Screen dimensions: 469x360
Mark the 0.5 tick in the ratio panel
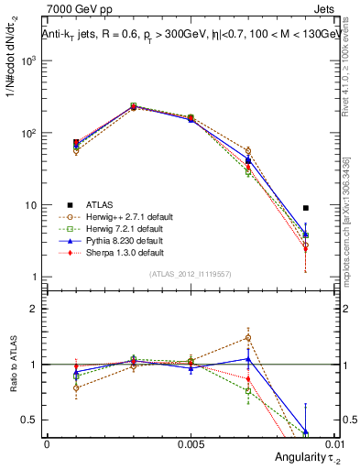click(x=28, y=420)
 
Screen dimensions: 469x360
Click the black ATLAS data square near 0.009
click(x=306, y=208)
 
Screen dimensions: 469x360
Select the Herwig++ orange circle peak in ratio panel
click(x=248, y=337)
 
